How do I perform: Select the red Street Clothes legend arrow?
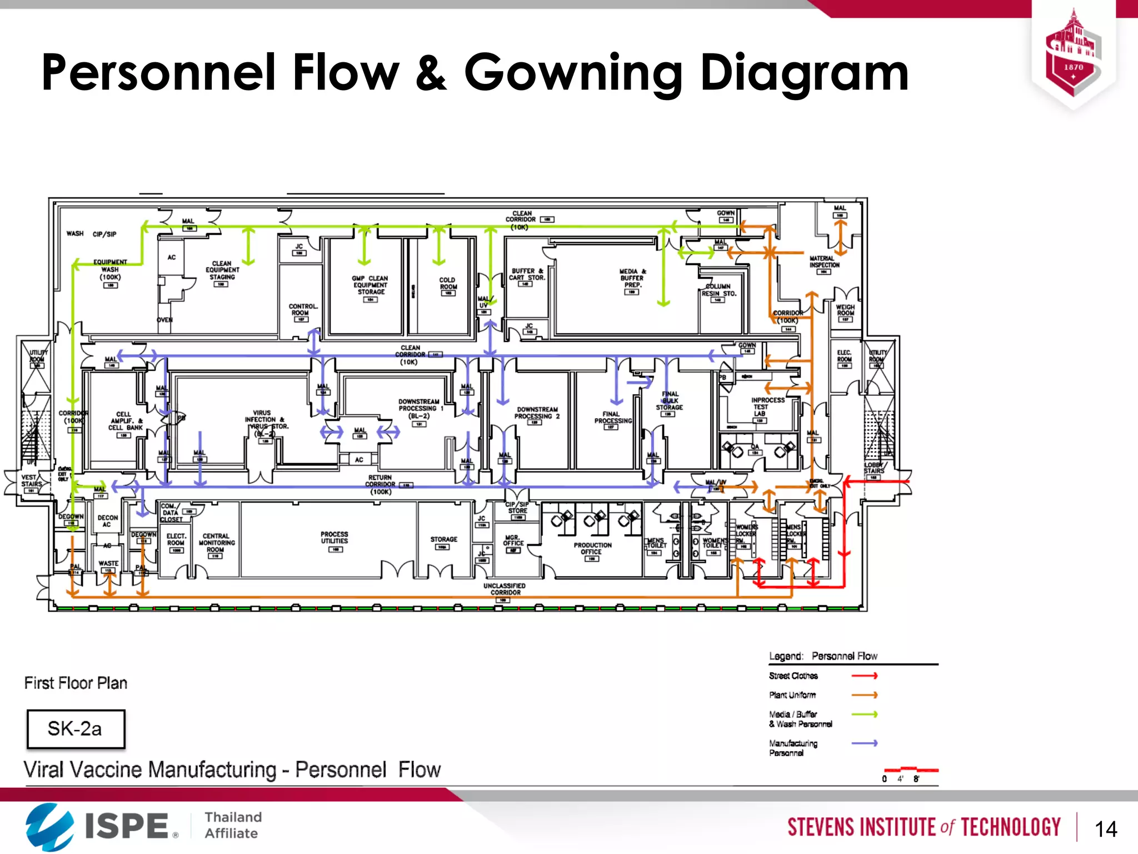click(864, 676)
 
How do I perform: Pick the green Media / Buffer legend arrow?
click(864, 714)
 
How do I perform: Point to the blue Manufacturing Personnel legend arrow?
click(864, 743)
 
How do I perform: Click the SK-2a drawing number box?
click(76, 729)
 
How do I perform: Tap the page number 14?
click(1105, 830)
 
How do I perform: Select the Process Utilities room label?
click(335, 538)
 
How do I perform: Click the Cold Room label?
click(448, 284)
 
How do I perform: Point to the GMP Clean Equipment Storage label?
click(371, 285)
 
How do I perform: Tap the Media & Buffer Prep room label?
click(632, 278)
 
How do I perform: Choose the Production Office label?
click(592, 549)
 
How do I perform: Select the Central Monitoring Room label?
click(217, 543)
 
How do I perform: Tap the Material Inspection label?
click(824, 262)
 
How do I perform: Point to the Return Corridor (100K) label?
click(381, 484)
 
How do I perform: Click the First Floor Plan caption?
click(76, 683)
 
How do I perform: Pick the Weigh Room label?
click(845, 310)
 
